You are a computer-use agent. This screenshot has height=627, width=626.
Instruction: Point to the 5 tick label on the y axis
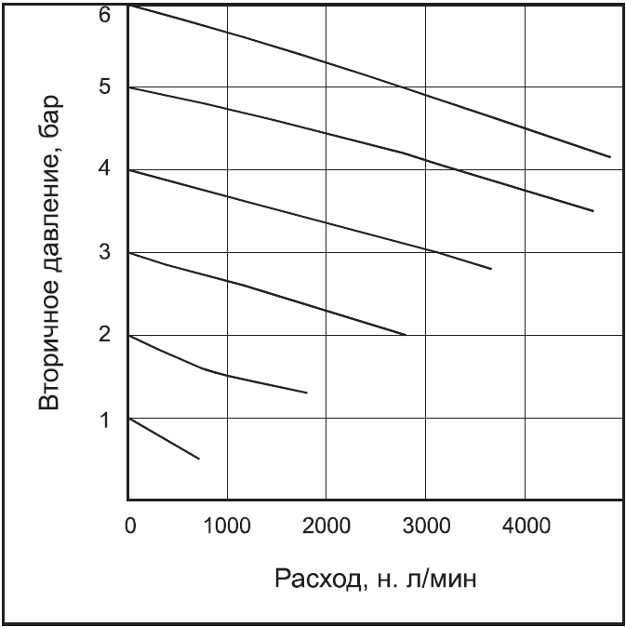point(105,88)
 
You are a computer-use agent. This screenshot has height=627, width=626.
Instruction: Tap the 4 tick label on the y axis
point(105,170)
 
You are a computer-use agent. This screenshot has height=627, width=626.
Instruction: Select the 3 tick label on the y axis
point(105,253)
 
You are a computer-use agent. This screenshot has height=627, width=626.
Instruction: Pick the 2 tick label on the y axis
point(105,335)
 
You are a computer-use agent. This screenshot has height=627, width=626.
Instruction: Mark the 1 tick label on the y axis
point(105,419)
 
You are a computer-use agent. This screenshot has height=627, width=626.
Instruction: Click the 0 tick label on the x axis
point(129,525)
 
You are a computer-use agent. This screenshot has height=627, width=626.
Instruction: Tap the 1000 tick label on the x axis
point(227,525)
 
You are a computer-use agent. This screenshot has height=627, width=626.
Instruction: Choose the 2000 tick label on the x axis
point(326,525)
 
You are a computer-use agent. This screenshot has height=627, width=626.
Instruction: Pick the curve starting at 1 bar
point(163,437)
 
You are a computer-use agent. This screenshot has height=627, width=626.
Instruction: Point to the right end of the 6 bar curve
point(610,157)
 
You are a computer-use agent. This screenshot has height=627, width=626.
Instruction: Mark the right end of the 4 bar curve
point(490,269)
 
